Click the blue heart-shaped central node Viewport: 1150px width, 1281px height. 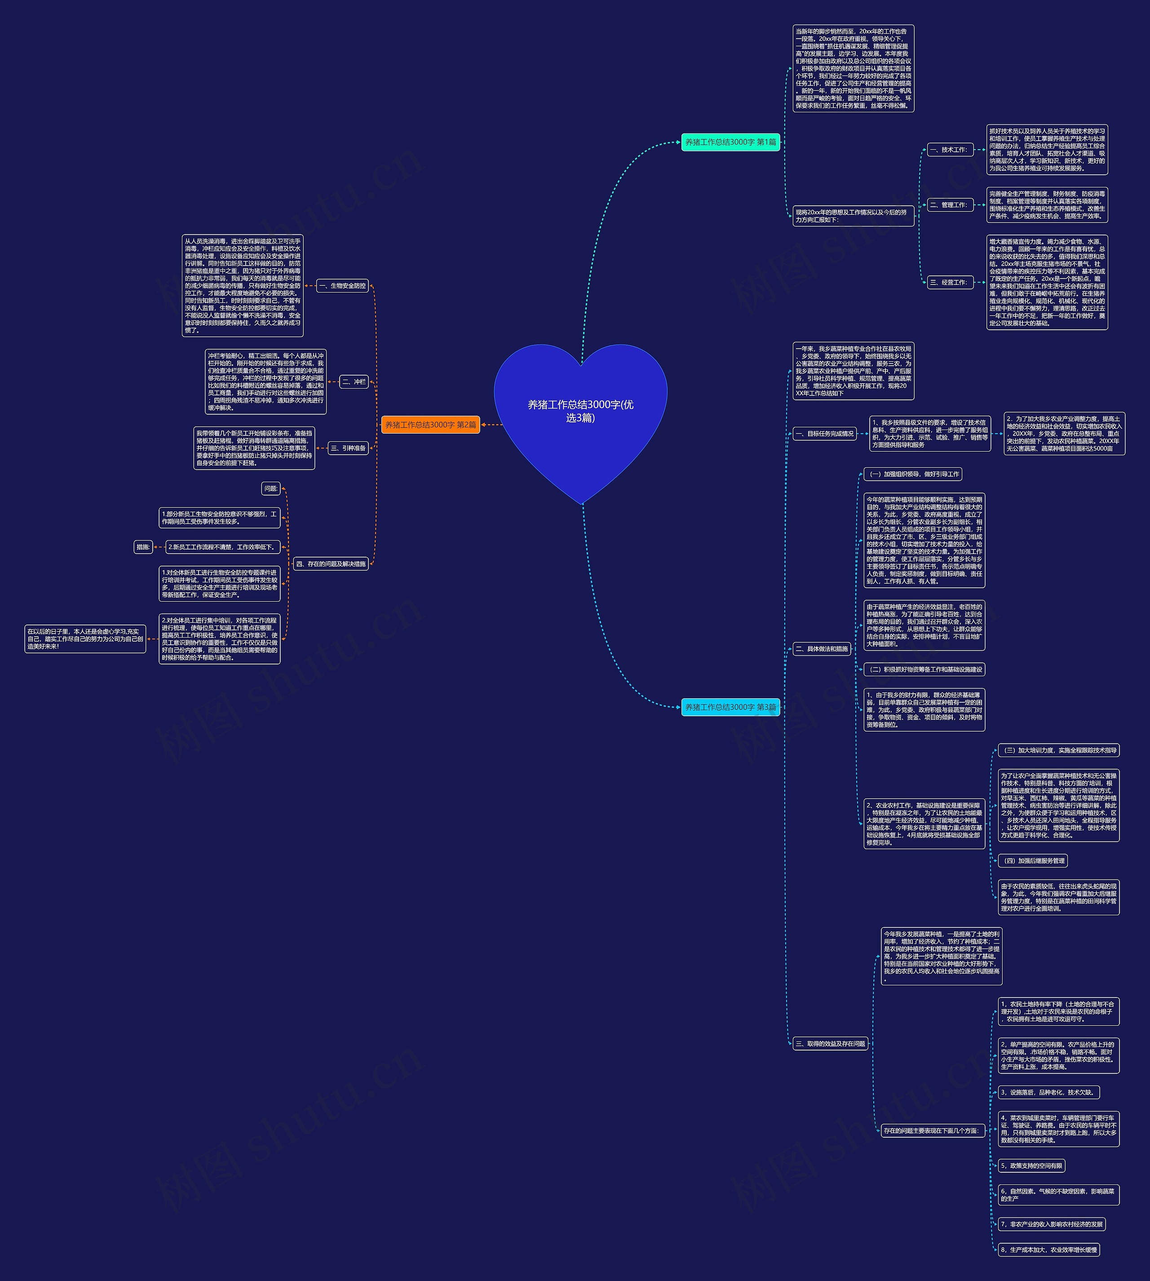click(x=580, y=417)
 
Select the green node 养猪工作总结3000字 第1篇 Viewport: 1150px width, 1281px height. click(x=730, y=142)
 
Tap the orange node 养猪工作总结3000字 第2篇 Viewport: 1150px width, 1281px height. click(x=430, y=425)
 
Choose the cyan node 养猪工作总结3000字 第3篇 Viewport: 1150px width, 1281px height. click(x=730, y=707)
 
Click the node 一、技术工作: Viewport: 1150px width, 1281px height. click(x=948, y=150)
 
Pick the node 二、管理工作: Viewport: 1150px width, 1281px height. click(x=948, y=205)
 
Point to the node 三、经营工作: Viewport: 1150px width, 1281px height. click(x=948, y=283)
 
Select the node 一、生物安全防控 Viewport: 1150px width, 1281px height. click(x=342, y=286)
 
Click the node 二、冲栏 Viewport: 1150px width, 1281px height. click(x=354, y=382)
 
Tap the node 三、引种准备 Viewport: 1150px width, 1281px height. click(x=348, y=448)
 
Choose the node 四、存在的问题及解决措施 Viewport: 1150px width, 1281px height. click(x=331, y=564)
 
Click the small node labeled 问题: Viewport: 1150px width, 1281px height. click(x=271, y=488)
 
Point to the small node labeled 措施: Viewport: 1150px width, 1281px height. click(x=143, y=547)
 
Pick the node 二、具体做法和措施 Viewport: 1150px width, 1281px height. click(x=822, y=648)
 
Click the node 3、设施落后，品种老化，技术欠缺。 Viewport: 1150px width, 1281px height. click(x=1049, y=1092)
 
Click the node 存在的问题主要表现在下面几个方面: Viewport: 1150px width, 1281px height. click(x=933, y=1130)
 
